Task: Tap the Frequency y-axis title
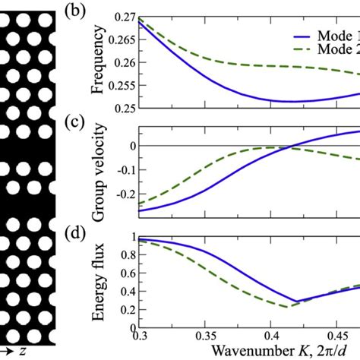pyautogui.click(x=98, y=61)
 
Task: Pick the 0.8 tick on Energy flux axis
pyautogui.click(x=123, y=257)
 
